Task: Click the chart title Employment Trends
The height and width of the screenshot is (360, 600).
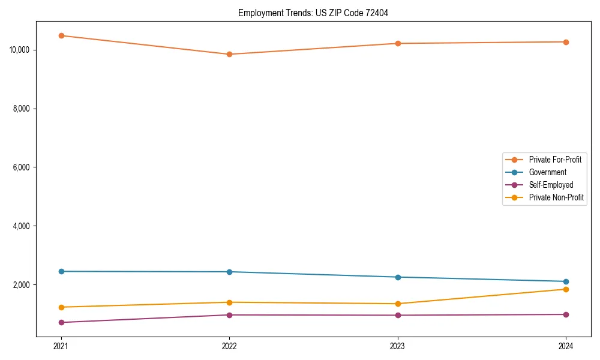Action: (x=313, y=13)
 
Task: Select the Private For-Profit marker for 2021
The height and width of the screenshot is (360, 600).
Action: (x=61, y=35)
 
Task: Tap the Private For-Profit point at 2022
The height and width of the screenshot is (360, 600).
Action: (x=229, y=54)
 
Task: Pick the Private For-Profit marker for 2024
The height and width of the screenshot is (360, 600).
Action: (x=566, y=42)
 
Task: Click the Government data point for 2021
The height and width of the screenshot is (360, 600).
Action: (x=61, y=271)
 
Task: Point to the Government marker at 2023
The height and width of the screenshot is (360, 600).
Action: (x=398, y=277)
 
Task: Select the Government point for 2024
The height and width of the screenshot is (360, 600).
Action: (x=566, y=281)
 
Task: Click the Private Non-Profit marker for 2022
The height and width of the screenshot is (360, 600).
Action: (x=229, y=302)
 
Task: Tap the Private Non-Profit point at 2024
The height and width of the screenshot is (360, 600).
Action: (x=566, y=289)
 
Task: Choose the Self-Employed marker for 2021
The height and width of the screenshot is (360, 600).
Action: (x=61, y=322)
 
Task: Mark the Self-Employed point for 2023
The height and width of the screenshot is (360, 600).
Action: (x=398, y=315)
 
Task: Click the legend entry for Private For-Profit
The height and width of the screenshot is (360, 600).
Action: (x=554, y=160)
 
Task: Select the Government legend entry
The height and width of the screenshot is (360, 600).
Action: (x=547, y=172)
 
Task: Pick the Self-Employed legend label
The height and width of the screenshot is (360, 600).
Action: (x=551, y=185)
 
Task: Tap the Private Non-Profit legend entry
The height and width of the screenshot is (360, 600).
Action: (x=556, y=197)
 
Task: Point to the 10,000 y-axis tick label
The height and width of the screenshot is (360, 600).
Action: (x=20, y=50)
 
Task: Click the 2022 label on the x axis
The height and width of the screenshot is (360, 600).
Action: (x=229, y=346)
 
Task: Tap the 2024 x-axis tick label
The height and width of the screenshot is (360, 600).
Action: (x=566, y=346)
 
